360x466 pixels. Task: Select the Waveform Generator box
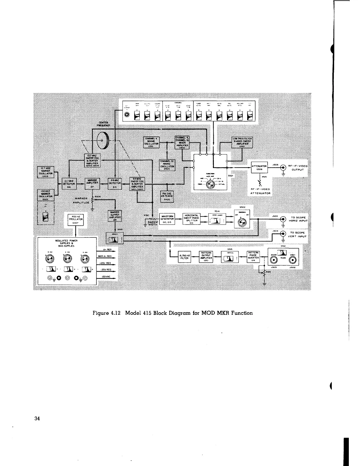tap(167, 219)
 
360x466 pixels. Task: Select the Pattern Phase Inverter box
tap(253, 256)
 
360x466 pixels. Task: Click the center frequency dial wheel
tap(103, 141)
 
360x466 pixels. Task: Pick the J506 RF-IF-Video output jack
tap(284, 168)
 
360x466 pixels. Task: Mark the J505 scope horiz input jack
tap(284, 219)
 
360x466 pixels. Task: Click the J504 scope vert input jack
tap(284, 234)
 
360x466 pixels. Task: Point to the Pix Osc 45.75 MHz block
tap(167, 196)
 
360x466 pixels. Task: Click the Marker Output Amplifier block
tap(115, 215)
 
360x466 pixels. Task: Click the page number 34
tap(37, 419)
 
